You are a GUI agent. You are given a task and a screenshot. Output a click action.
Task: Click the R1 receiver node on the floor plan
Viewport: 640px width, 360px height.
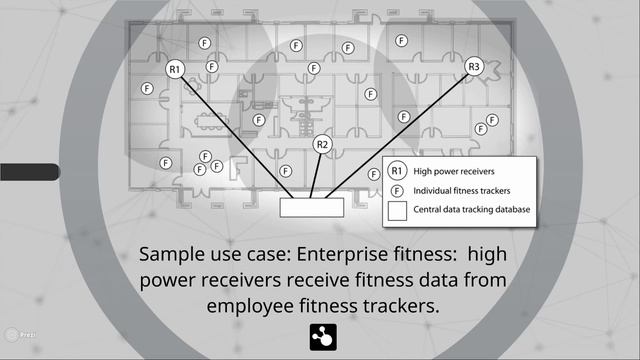click(x=175, y=69)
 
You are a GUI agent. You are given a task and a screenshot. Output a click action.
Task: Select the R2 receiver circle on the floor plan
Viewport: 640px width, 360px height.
click(x=322, y=144)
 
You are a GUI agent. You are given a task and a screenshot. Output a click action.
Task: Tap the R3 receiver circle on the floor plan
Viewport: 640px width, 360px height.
click(x=474, y=67)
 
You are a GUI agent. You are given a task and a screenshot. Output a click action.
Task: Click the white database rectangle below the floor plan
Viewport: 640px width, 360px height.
click(x=312, y=207)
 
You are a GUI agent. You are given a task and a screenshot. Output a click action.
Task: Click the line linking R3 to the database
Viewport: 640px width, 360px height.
click(x=397, y=136)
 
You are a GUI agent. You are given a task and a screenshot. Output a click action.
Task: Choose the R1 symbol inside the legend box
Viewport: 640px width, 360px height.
click(x=397, y=171)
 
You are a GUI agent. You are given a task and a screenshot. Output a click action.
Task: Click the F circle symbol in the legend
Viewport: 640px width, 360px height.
click(x=397, y=191)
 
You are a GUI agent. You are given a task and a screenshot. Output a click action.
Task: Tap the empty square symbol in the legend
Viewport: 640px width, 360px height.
click(x=397, y=211)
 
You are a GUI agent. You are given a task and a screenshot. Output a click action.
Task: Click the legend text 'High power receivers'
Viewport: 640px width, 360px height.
click(x=454, y=171)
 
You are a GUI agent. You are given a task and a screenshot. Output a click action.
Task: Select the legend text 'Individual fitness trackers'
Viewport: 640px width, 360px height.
click(x=462, y=191)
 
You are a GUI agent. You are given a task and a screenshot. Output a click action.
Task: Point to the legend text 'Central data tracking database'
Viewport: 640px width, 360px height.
click(x=471, y=209)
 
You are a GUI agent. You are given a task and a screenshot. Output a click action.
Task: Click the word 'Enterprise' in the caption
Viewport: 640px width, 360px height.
click(x=341, y=254)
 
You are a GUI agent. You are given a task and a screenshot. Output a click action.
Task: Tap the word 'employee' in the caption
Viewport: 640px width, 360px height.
click(x=250, y=306)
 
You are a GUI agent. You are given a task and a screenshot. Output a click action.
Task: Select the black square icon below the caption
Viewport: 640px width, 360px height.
click(x=323, y=338)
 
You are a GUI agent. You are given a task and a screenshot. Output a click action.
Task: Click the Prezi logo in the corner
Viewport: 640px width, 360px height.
click(x=20, y=335)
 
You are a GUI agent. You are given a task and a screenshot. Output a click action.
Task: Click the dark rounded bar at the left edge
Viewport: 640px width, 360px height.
click(x=30, y=172)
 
